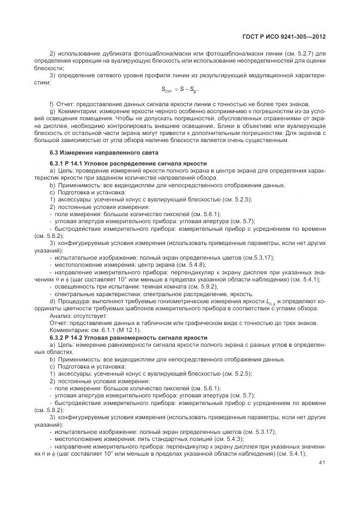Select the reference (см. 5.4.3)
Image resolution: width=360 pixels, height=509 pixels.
tap(216, 439)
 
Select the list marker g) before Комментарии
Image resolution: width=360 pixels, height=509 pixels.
tap(52, 112)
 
